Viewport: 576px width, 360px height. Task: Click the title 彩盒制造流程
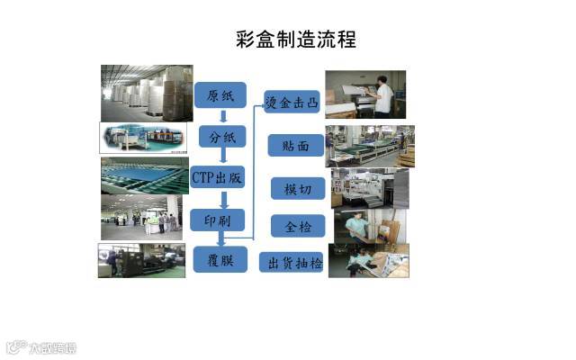[295, 40]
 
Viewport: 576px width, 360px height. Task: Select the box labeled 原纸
[220, 95]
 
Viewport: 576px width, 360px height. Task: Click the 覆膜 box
[221, 260]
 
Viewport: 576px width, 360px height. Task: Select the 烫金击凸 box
[292, 101]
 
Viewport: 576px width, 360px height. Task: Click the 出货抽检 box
[292, 263]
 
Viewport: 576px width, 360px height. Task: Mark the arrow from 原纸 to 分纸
[221, 116]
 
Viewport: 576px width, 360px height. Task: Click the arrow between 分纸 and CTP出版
[221, 157]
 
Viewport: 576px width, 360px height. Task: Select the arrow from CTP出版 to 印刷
[221, 199]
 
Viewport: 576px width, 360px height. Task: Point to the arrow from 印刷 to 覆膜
[221, 240]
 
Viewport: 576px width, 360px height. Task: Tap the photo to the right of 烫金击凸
[365, 94]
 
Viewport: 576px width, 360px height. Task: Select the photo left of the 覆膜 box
[141, 260]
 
